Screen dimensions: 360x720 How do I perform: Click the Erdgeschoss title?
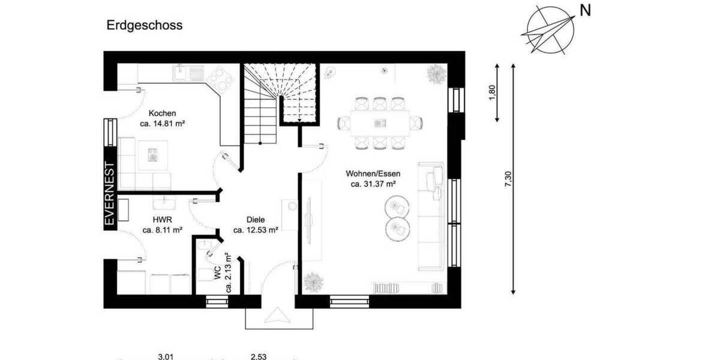(x=145, y=25)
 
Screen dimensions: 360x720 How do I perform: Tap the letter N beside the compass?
(x=585, y=11)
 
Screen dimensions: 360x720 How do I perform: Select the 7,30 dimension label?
(x=509, y=180)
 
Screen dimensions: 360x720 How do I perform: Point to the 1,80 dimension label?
(x=492, y=93)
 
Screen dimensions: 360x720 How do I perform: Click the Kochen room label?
(x=162, y=113)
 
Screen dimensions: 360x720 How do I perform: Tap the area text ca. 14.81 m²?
(x=162, y=124)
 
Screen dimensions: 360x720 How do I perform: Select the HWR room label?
(x=162, y=220)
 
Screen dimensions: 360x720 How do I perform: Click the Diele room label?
(x=256, y=220)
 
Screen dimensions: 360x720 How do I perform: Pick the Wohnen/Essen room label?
(x=373, y=173)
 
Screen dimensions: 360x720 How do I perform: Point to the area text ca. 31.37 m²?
(x=373, y=184)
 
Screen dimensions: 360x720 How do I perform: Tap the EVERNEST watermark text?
(x=109, y=193)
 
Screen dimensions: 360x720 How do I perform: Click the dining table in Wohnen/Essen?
(x=380, y=123)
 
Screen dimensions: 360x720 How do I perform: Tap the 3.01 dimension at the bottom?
(x=166, y=357)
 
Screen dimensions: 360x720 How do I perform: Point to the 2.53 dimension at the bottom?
(x=259, y=357)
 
